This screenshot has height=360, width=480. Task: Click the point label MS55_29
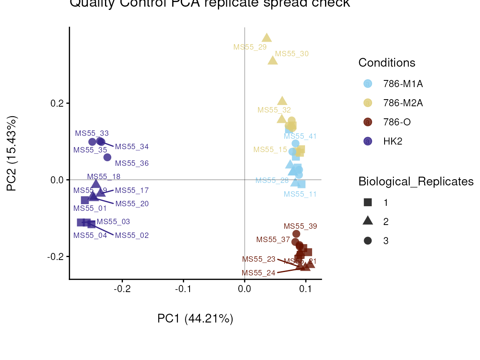(x=250, y=47)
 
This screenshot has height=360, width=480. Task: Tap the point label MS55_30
(x=292, y=54)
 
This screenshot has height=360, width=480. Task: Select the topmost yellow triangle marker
(x=267, y=38)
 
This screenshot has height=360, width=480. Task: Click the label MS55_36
(x=132, y=164)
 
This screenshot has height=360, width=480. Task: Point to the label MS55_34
(x=132, y=147)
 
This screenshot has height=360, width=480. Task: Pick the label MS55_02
(x=132, y=235)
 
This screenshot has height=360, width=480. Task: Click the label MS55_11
(x=300, y=194)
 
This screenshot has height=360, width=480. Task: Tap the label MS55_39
(x=300, y=226)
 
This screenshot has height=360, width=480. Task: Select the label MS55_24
(x=258, y=273)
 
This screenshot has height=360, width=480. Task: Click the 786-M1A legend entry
(x=403, y=84)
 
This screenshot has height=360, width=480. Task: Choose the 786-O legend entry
(x=397, y=122)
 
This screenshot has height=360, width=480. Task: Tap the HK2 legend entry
(x=392, y=141)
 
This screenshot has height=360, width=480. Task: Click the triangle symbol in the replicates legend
(x=367, y=221)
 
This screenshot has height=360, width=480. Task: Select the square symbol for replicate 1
(x=367, y=202)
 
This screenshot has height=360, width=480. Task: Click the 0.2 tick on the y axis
(x=57, y=103)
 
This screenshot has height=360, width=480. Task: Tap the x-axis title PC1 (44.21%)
(x=195, y=319)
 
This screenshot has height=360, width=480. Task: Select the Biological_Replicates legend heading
(x=416, y=182)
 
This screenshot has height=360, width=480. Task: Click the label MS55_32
(x=274, y=110)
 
